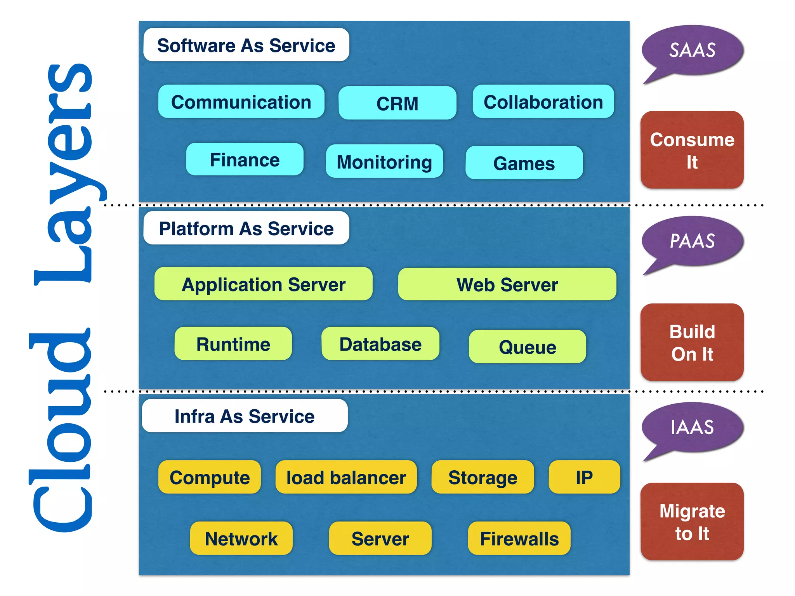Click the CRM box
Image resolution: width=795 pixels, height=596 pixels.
397,103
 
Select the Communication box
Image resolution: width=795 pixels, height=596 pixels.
241,102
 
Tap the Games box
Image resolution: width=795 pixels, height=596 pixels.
524,163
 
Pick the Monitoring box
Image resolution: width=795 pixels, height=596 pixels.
384,161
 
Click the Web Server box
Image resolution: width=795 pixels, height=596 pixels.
507,284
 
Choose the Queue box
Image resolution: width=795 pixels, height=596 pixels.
527,347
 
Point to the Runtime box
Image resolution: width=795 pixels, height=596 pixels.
233,344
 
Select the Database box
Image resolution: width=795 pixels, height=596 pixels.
380,344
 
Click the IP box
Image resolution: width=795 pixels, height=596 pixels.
584,477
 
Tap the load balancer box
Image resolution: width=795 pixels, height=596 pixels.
346,477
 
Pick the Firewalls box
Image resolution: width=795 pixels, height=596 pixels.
519,538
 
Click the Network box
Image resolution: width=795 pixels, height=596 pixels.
241,538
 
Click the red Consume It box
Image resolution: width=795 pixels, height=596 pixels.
692,150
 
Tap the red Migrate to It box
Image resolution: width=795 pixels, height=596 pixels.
692,521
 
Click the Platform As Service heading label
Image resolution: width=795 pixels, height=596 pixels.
246,228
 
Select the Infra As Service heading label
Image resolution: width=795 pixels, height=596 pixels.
245,416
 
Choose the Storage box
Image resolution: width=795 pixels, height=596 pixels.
483,477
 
